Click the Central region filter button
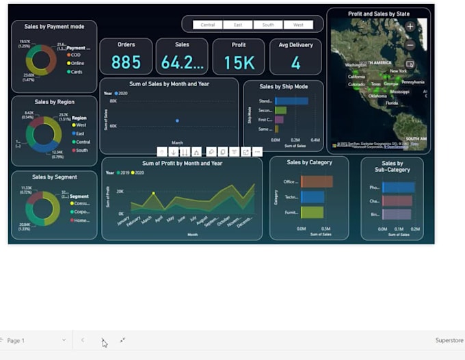[208, 25]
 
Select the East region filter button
[238, 25]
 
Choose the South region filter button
[268, 25]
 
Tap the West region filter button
[298, 25]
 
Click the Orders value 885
[126, 63]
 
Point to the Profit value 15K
[239, 63]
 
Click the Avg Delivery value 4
[295, 63]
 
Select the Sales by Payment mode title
[54, 27]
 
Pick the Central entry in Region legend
[83, 142]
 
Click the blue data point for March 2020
[177, 120]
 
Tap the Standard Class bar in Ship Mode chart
[291, 101]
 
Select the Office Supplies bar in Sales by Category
[317, 181]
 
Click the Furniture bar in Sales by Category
[312, 212]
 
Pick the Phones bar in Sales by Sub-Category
[398, 187]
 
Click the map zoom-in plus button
[410, 27]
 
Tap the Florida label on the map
[392, 103]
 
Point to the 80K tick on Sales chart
[113, 101]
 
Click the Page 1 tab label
[16, 340]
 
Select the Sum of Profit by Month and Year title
[182, 164]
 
